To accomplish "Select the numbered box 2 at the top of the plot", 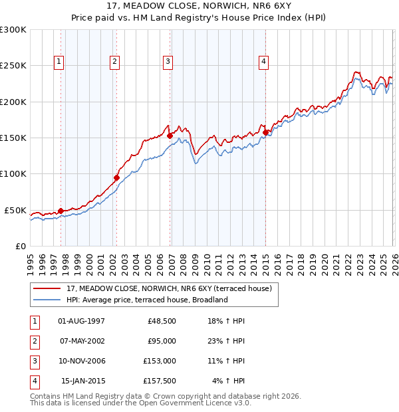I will pos(115,62).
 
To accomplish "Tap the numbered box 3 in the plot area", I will pos(168,62).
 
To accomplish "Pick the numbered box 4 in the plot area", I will pos(263,62).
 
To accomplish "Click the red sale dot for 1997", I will pos(61,211).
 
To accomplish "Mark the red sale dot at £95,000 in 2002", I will pos(116,177).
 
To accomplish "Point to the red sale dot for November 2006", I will pos(170,136).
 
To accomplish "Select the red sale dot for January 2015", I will pos(265,132).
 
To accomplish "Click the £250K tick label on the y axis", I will pos(13,66).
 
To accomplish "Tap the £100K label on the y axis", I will pos(13,174).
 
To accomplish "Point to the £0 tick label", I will pos(20,246).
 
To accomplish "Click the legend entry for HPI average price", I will pos(147,300).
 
